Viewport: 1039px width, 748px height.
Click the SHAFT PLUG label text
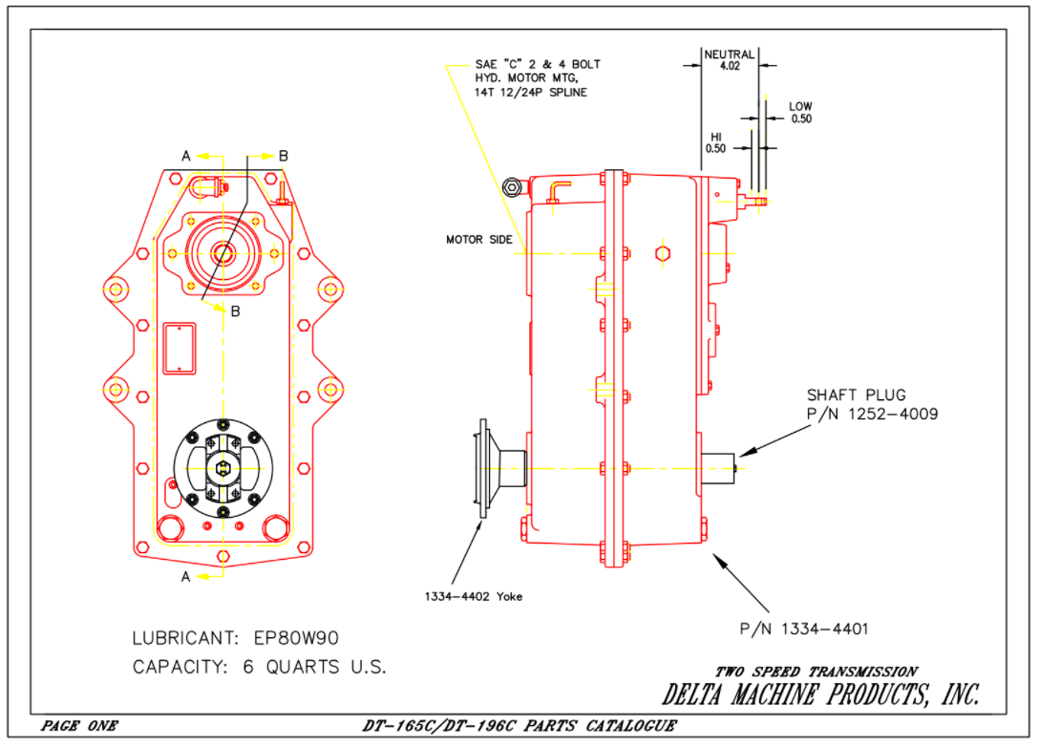(x=856, y=395)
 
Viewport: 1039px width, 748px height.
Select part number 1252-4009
(x=872, y=415)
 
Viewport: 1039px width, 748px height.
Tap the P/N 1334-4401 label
(x=803, y=629)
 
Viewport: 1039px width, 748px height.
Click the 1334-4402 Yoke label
(x=474, y=597)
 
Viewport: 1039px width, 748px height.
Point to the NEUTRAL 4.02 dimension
(x=729, y=61)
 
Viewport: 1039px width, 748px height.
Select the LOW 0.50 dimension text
(x=800, y=113)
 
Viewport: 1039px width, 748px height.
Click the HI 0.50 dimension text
(x=715, y=142)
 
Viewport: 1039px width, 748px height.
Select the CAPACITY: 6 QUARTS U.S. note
(x=259, y=667)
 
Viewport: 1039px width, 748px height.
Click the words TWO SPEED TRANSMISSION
(x=816, y=672)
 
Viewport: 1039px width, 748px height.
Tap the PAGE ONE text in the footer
(x=79, y=726)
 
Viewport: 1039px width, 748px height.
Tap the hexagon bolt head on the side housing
(x=662, y=253)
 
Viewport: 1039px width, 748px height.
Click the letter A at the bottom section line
(x=186, y=576)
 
